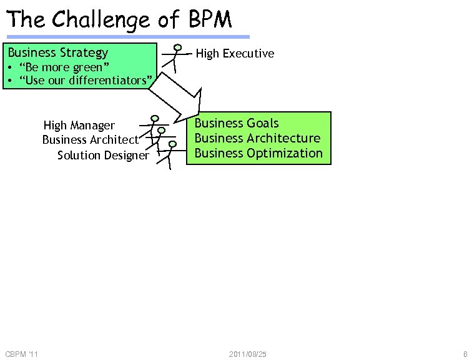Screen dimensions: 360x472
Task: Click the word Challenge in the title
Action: point(101,20)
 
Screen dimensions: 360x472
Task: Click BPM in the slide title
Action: point(209,20)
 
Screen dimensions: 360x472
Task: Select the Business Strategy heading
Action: point(58,53)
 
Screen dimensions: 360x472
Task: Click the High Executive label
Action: point(235,54)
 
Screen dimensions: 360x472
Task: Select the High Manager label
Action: point(79,126)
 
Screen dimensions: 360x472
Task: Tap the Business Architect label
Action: point(90,139)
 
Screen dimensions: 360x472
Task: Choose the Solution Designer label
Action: point(103,155)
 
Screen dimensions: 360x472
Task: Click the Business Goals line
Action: point(237,123)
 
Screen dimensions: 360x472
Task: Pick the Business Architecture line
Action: point(257,138)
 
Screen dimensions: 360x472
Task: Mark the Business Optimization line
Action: point(258,153)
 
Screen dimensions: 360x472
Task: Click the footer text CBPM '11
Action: point(21,354)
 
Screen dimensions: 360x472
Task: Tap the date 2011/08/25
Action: point(248,354)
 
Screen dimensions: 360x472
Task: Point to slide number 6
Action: point(465,354)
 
